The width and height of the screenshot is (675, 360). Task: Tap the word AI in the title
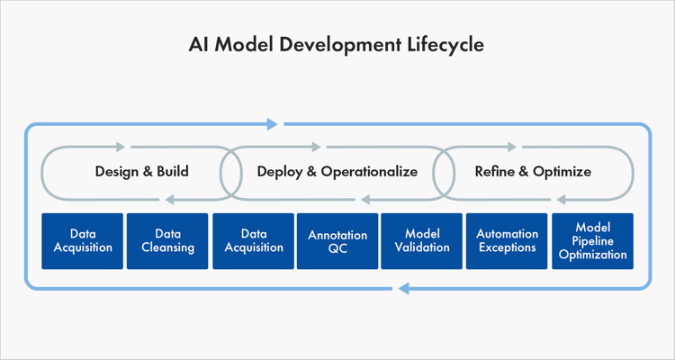click(x=200, y=44)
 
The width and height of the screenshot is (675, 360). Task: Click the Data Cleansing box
click(x=167, y=241)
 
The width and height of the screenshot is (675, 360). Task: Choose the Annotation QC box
click(x=337, y=241)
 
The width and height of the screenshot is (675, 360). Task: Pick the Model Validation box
click(x=422, y=241)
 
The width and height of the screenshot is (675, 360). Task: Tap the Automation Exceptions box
click(x=507, y=241)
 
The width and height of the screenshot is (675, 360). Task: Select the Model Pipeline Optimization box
click(x=591, y=241)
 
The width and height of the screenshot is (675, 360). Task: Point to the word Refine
click(x=494, y=171)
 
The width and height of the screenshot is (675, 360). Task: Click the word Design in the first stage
click(x=116, y=171)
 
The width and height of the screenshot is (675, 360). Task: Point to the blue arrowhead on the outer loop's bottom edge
click(x=403, y=289)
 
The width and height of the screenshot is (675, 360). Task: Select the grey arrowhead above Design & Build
click(x=122, y=146)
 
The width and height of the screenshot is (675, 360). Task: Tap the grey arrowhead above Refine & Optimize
click(x=513, y=146)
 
